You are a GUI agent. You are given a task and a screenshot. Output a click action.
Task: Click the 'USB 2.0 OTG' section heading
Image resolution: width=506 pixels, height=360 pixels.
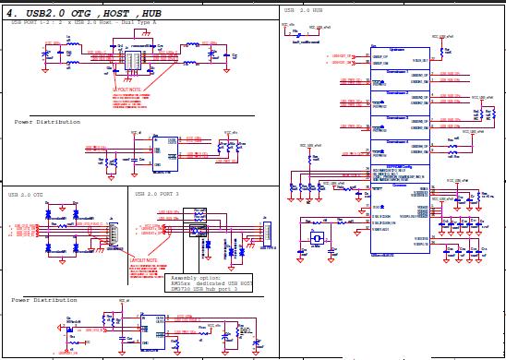click(26, 195)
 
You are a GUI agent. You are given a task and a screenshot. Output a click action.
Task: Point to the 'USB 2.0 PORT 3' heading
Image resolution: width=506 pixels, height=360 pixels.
click(157, 195)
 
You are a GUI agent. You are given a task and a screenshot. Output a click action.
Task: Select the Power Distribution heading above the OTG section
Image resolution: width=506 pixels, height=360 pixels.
click(47, 122)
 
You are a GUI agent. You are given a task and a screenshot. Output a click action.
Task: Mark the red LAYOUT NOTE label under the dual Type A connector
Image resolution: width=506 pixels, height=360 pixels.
click(127, 90)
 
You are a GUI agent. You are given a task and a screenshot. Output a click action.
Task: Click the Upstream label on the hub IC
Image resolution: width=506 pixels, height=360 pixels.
click(397, 49)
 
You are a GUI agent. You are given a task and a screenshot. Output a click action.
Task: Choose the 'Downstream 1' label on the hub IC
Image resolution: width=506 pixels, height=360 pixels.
click(397, 70)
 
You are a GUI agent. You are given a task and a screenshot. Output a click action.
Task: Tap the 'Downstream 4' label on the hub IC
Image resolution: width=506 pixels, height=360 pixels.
click(397, 141)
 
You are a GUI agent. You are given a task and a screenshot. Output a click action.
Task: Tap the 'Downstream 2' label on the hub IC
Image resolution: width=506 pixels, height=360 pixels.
click(397, 93)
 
